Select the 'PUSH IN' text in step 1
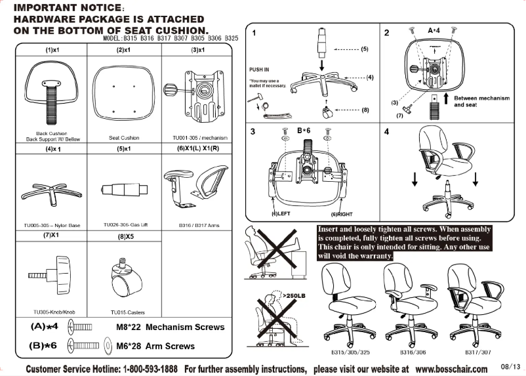point(259,69)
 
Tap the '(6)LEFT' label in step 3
point(282,214)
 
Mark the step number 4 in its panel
point(387,131)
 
